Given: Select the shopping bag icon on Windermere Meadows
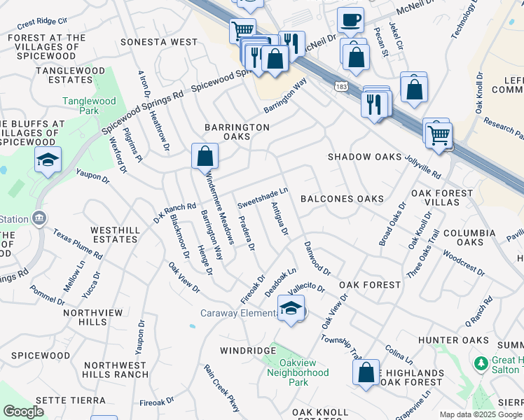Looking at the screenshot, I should tap(205, 155).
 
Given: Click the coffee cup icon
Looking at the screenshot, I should tap(350, 20).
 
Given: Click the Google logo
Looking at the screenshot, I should tap(23, 412).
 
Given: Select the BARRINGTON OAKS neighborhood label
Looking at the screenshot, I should tap(237, 132).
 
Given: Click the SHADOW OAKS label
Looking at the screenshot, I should tap(365, 157).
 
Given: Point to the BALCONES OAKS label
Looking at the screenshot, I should tap(342, 199).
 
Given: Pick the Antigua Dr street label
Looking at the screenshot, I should tap(280, 219).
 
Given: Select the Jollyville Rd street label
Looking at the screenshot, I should tap(422, 167).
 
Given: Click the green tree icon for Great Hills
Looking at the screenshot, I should tap(481, 363).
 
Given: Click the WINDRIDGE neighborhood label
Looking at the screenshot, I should tap(248, 350).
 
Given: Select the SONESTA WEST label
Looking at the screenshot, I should tap(159, 42).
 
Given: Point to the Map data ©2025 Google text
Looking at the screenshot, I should tap(481, 414).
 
